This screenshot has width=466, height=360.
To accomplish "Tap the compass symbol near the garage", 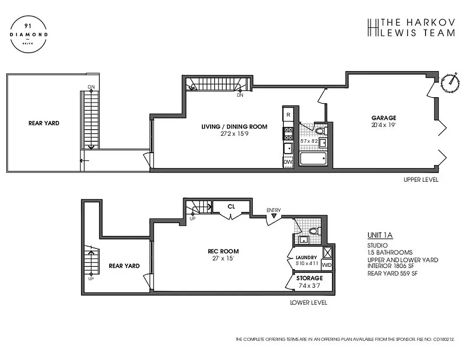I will [450, 82].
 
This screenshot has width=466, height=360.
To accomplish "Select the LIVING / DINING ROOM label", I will [234, 126].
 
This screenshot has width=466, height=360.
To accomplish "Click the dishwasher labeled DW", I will [288, 162].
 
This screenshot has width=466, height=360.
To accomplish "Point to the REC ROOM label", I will [223, 251].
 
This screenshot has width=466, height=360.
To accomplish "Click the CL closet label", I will [231, 207].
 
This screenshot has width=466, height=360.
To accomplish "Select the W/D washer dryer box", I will [327, 265].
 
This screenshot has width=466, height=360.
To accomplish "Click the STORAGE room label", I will [309, 278].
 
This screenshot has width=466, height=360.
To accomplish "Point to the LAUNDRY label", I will [306, 257].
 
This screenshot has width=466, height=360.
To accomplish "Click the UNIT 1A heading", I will [380, 235].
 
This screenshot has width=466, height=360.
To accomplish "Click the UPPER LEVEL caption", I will [421, 180].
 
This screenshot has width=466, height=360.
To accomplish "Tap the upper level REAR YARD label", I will [44, 123].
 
